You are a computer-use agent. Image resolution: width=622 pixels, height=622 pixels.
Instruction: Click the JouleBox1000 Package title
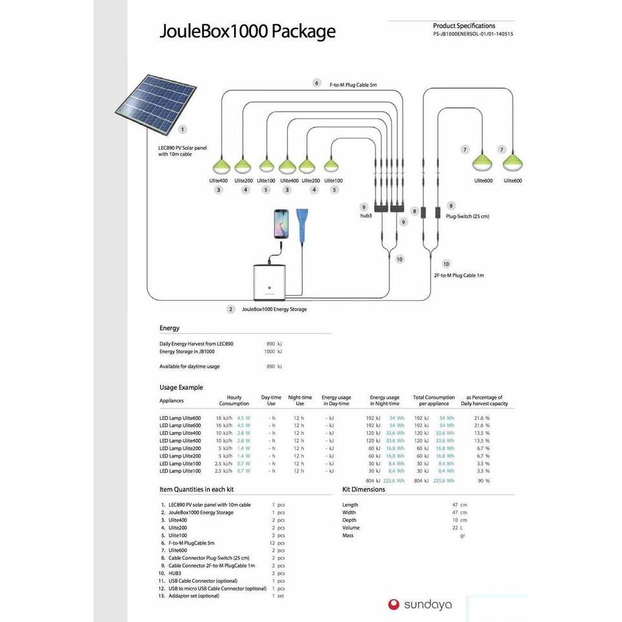click(x=247, y=32)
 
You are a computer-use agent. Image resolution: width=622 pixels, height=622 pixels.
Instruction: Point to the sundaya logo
click(x=420, y=605)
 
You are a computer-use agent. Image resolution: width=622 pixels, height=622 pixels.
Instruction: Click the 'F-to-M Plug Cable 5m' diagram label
click(x=353, y=85)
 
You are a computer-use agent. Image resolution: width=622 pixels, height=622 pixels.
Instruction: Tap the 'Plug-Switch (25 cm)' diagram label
click(x=467, y=216)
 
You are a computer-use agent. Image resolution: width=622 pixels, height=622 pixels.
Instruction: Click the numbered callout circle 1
click(x=183, y=130)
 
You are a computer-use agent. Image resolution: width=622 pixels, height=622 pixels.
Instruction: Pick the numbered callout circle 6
click(x=316, y=83)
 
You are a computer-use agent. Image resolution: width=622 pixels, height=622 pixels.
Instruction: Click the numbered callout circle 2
click(x=230, y=309)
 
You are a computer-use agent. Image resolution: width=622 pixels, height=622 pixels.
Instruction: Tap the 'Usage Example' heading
click(x=181, y=387)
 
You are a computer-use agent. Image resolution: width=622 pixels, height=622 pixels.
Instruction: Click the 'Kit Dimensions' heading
click(x=363, y=489)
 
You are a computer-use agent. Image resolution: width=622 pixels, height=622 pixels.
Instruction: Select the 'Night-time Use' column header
click(x=300, y=401)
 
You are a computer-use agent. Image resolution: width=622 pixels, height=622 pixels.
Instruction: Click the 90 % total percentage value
click(x=483, y=481)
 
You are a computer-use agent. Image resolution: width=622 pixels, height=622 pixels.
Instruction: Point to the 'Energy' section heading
click(x=170, y=328)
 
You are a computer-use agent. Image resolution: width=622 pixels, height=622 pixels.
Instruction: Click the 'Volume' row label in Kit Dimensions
click(x=352, y=528)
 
